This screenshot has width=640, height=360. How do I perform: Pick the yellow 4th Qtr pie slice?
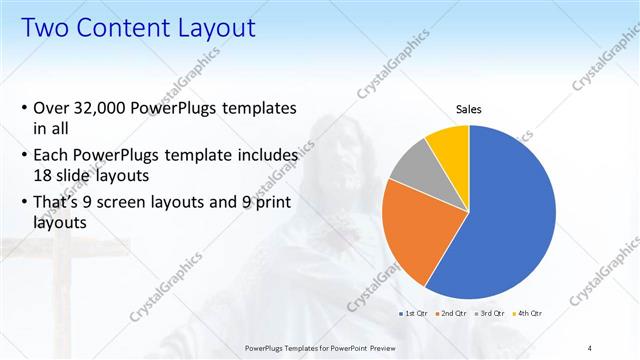click(448, 145)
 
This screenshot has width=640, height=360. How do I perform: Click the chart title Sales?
click(468, 109)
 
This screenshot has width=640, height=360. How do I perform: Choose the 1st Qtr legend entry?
click(414, 313)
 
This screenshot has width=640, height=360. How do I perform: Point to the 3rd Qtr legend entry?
click(490, 313)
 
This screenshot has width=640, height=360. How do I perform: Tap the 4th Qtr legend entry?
click(528, 313)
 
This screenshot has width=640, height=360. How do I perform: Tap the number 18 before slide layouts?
click(43, 174)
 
